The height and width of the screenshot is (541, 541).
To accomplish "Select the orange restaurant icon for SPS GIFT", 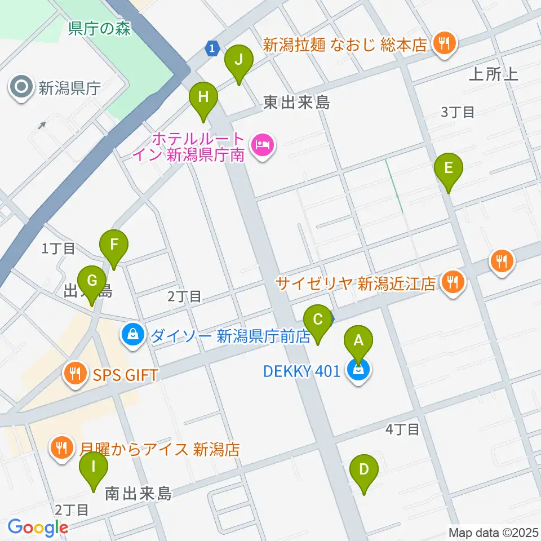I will pyautogui.click(x=74, y=374).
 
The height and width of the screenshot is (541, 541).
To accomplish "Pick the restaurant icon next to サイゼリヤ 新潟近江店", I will pyautogui.click(x=453, y=281).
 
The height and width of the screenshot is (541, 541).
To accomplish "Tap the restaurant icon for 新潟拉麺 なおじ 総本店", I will pyautogui.click(x=445, y=44).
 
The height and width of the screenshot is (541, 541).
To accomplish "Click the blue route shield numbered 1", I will pyautogui.click(x=212, y=49).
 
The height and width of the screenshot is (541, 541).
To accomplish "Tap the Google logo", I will pyautogui.click(x=37, y=527).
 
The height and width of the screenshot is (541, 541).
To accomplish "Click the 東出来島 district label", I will pyautogui.click(x=297, y=103).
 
